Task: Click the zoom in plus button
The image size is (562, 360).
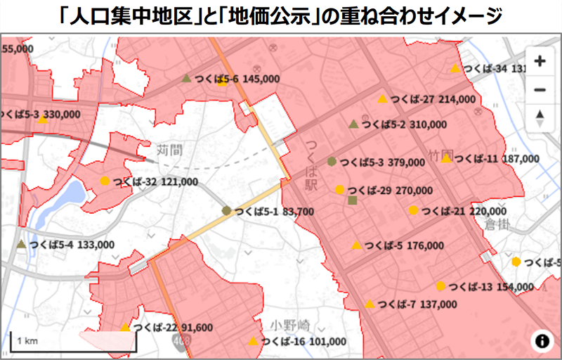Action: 540,61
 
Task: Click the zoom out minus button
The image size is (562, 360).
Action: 540,90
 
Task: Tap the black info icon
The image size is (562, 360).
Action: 542,341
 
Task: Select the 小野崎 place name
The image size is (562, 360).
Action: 289,327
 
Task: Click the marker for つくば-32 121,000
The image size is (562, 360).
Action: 105,181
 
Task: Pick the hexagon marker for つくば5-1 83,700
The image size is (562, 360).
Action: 226,210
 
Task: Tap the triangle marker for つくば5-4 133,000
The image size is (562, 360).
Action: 22,245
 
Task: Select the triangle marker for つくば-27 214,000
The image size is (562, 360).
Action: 382,99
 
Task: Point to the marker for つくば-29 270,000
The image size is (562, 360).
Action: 340,189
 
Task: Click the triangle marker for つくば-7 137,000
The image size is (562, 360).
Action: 370,304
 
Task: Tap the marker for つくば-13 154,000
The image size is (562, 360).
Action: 440,286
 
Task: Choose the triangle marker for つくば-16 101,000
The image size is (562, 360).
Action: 253,342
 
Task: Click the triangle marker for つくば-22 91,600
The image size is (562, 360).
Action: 125,327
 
